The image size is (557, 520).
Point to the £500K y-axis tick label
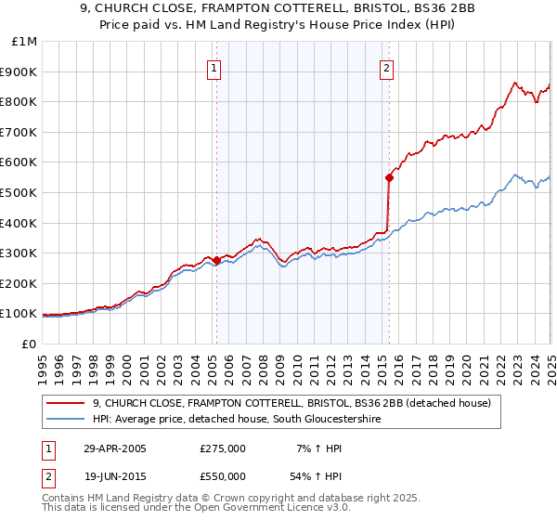pos(19,192)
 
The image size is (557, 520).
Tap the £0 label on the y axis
pos(30,344)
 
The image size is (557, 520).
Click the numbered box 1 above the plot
pos(214,67)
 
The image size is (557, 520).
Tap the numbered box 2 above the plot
pos(385,67)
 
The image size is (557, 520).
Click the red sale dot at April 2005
pos(216,260)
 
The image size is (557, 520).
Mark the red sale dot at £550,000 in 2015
pos(389,177)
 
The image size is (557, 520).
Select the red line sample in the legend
pos(66,403)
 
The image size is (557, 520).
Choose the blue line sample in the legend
pos(66,419)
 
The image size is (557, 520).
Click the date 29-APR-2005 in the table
pos(114,448)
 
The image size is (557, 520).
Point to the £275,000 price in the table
pos(223,448)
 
